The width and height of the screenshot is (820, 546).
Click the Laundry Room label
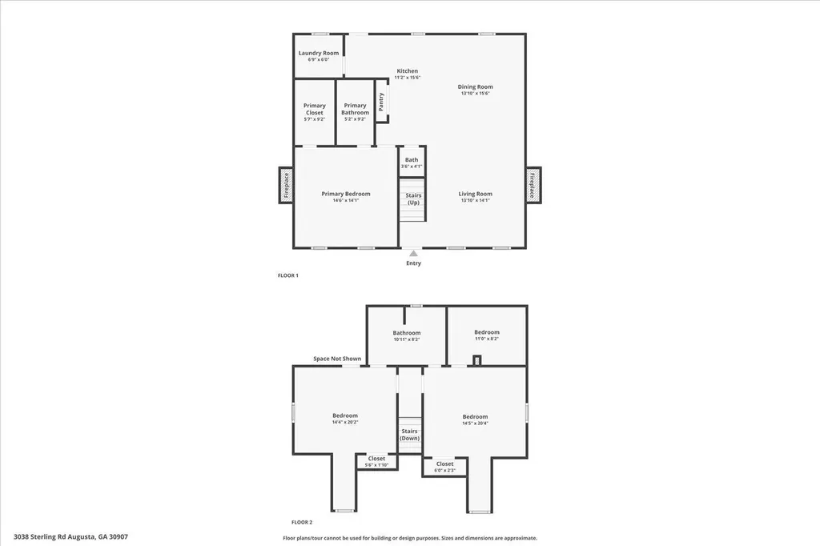pyautogui.click(x=314, y=54)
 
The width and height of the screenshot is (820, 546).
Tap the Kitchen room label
pyautogui.click(x=407, y=71)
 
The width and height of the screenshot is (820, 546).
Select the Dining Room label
pyautogui.click(x=475, y=87)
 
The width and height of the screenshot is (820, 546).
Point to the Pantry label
pyautogui.click(x=382, y=101)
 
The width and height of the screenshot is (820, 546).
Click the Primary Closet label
pyautogui.click(x=314, y=110)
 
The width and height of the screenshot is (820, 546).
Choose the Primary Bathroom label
pyautogui.click(x=355, y=110)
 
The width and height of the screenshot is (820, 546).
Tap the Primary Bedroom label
pyautogui.click(x=345, y=194)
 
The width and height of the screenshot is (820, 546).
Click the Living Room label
pyautogui.click(x=475, y=194)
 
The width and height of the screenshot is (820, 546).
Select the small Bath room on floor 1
pyautogui.click(x=411, y=160)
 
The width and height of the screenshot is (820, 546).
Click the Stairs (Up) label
pyautogui.click(x=413, y=199)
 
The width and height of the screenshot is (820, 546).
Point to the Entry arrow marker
pyautogui.click(x=413, y=253)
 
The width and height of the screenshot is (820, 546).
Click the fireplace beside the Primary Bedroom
pyautogui.click(x=286, y=185)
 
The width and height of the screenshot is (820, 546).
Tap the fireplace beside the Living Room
pyautogui.click(x=533, y=185)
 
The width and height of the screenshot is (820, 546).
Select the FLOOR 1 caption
pyautogui.click(x=287, y=275)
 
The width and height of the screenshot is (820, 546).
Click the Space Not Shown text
pyautogui.click(x=336, y=359)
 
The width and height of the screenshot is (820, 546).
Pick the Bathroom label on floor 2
pyautogui.click(x=406, y=333)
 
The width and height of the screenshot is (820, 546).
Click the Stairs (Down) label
pyautogui.click(x=409, y=435)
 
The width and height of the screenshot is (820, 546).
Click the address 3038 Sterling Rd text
pyautogui.click(x=70, y=536)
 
